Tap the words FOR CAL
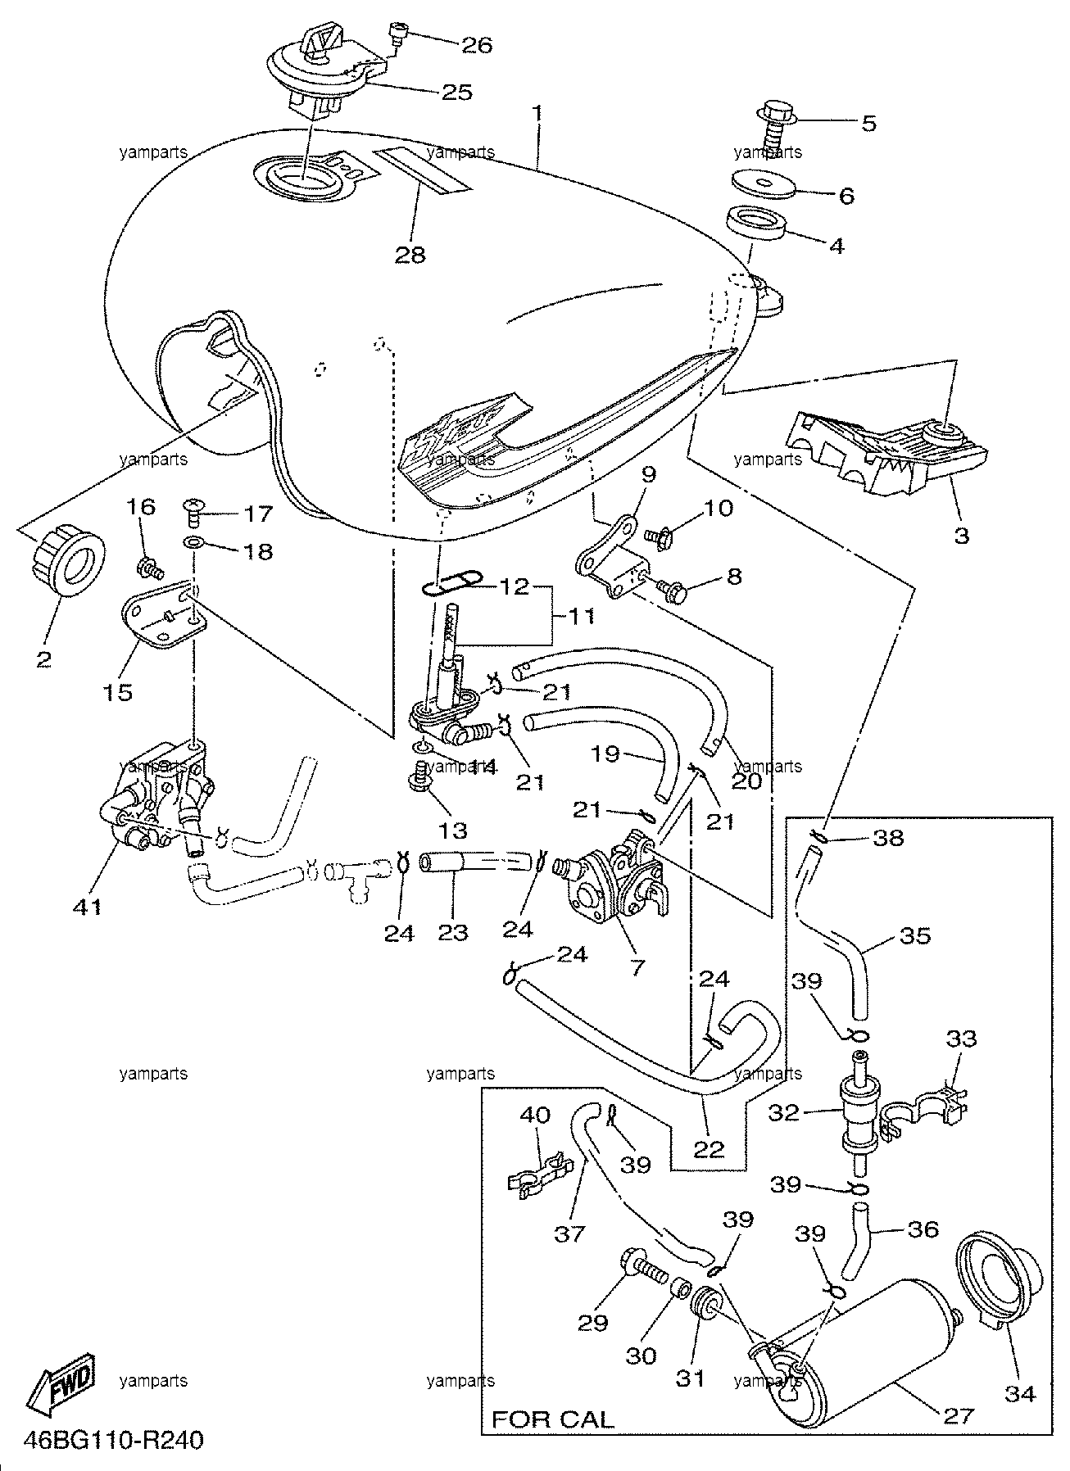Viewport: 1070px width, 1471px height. coord(552,1419)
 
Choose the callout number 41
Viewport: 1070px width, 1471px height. coord(88,907)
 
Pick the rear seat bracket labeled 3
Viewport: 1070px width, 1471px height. coord(886,454)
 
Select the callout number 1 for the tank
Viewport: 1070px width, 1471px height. coord(538,112)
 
